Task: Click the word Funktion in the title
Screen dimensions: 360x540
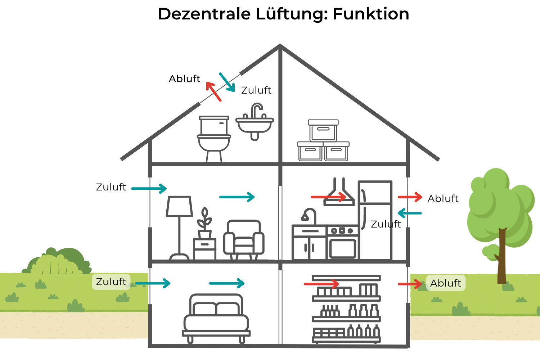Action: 371,14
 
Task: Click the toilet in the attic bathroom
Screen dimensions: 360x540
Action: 214,139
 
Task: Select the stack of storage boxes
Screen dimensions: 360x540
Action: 323,142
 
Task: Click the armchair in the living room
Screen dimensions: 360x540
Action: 244,240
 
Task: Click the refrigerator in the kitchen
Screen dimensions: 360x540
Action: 375,220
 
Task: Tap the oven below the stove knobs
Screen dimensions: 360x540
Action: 342,248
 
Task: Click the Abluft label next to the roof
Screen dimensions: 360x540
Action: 184,79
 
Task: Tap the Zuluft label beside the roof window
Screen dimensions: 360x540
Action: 256,90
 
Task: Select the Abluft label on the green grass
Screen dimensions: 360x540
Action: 445,283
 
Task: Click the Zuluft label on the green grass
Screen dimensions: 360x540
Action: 111,282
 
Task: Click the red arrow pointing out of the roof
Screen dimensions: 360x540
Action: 213,91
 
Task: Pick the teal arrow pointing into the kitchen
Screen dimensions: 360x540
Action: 410,213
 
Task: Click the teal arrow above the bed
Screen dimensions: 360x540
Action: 227,283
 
